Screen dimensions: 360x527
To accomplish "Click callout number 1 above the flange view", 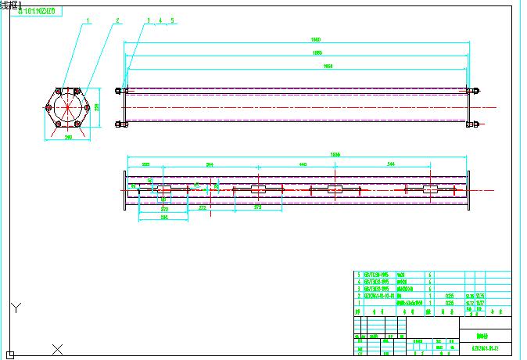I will tap(88, 20).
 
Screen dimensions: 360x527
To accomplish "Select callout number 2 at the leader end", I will tap(117, 20).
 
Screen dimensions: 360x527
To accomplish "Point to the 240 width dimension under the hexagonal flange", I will tap(68, 138).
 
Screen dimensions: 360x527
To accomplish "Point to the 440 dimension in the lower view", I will tap(302, 165).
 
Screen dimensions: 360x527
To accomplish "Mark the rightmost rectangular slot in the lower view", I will tap(430, 189).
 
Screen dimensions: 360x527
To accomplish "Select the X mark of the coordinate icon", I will tap(57, 347).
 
